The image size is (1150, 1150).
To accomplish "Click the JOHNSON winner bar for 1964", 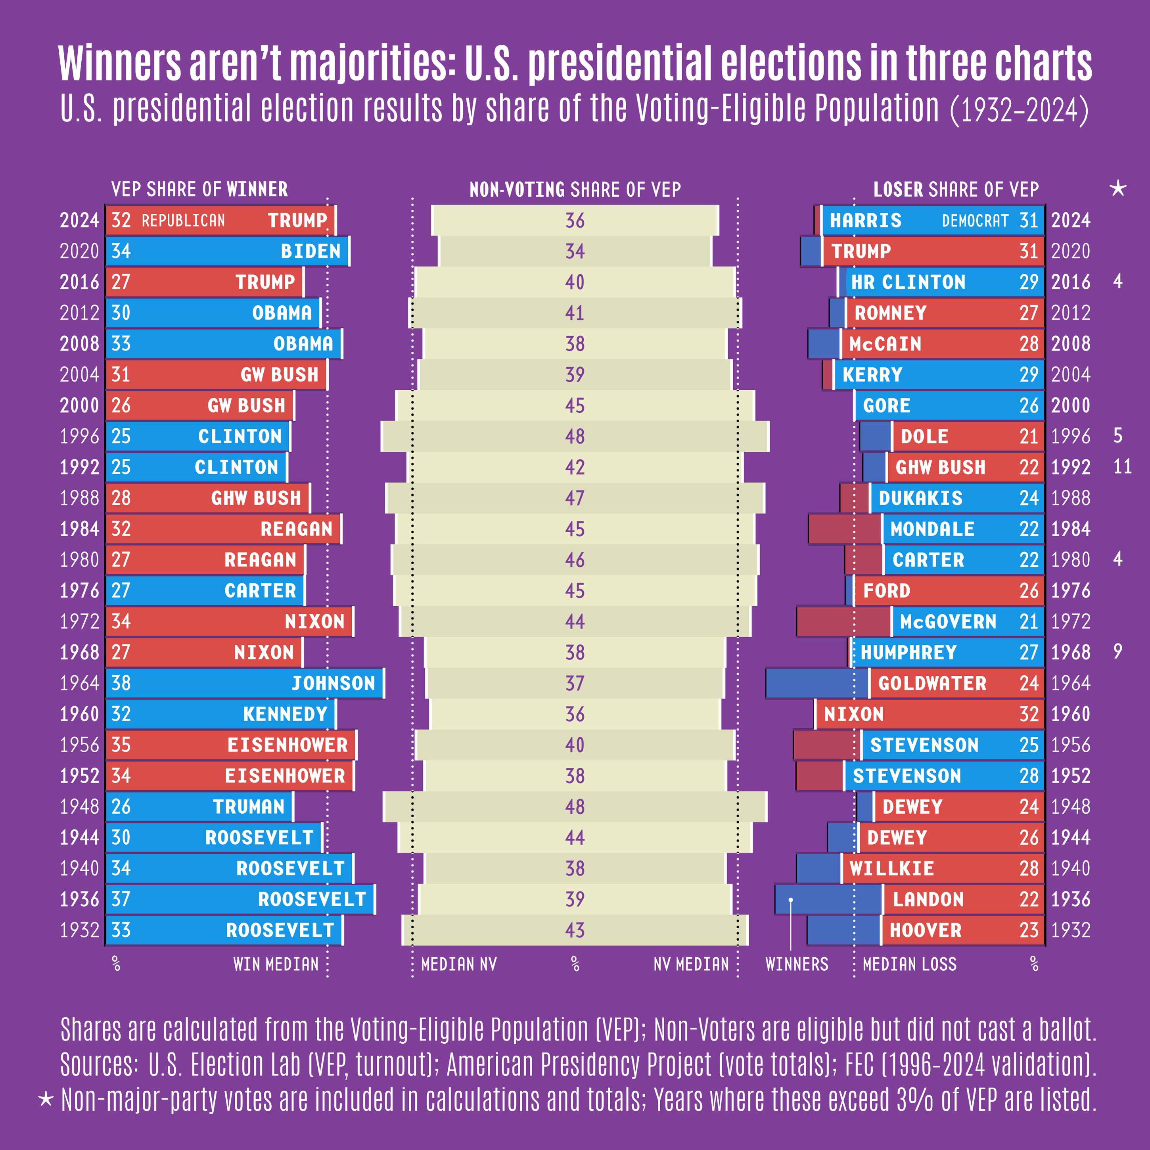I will [244, 683].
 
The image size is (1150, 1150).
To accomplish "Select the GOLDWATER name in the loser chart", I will [932, 683].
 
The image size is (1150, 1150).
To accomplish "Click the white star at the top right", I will [1118, 189].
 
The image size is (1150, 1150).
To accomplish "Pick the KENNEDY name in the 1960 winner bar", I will [285, 714].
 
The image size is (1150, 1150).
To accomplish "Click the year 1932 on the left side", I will [79, 930].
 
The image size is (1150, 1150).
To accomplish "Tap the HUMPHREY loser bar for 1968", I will [947, 652].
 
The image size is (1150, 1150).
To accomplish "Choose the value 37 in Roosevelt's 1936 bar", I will [121, 899].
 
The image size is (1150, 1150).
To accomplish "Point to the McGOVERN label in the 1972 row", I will [948, 621].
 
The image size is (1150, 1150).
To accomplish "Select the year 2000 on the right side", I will [1070, 405].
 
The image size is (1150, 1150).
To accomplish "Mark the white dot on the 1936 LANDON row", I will [790, 900].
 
